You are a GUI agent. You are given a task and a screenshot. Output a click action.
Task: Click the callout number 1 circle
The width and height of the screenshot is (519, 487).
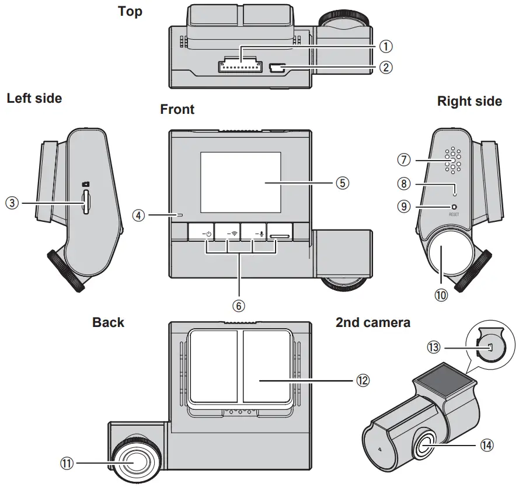(385, 46)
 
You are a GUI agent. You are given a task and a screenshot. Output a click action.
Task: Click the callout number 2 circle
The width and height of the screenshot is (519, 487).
(385, 67)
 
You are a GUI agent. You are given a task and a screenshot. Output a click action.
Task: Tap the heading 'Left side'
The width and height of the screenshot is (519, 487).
(34, 98)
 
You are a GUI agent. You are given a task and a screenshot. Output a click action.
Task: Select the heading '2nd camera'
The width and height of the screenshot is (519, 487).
(372, 322)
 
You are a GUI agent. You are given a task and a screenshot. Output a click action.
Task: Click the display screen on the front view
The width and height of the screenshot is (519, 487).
(240, 182)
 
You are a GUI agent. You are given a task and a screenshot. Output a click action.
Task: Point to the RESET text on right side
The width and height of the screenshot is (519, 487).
(454, 215)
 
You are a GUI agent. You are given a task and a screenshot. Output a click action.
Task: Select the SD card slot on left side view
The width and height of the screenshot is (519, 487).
(86, 202)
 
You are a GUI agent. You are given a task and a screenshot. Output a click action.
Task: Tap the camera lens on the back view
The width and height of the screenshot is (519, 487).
(135, 461)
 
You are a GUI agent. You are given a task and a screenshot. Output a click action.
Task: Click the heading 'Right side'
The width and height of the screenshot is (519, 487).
(469, 102)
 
